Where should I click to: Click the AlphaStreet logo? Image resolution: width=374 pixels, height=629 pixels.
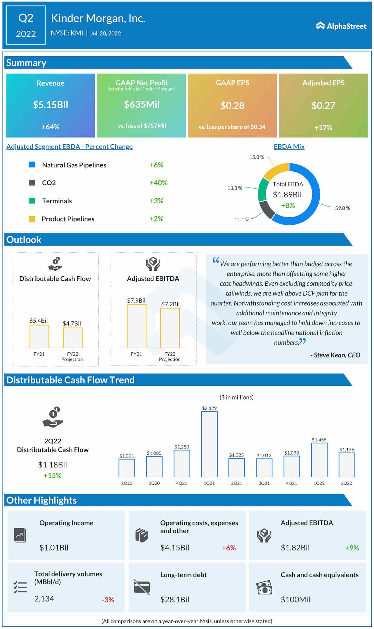pyautogui.click(x=341, y=26)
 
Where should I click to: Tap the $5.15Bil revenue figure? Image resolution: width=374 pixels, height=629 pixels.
pyautogui.click(x=51, y=105)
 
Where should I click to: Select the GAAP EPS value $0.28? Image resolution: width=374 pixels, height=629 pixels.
pyautogui.click(x=232, y=106)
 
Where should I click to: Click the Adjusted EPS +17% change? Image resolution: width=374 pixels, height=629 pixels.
pyautogui.click(x=323, y=127)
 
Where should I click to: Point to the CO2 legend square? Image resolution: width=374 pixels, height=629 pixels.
pyautogui.click(x=32, y=183)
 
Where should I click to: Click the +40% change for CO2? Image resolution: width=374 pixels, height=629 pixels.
pyautogui.click(x=158, y=183)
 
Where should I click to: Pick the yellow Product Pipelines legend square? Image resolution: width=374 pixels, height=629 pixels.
pyautogui.click(x=32, y=219)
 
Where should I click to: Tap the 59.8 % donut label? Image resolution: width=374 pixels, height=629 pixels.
pyautogui.click(x=342, y=208)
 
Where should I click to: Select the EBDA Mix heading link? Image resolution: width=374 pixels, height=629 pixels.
pyautogui.click(x=289, y=146)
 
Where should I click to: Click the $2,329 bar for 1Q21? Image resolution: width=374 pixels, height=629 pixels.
pyautogui.click(x=209, y=444)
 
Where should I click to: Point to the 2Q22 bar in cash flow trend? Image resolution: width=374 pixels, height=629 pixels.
pyautogui.click(x=347, y=464)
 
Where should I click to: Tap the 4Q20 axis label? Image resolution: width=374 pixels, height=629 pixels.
pyautogui.click(x=181, y=483)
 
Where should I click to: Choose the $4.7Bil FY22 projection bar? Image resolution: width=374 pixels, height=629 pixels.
pyautogui.click(x=73, y=338)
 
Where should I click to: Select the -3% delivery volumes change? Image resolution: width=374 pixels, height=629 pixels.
pyautogui.click(x=108, y=600)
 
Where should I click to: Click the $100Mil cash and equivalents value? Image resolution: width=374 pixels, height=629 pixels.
pyautogui.click(x=295, y=600)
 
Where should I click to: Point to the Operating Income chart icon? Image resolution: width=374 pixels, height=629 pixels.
pyautogui.click(x=20, y=535)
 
